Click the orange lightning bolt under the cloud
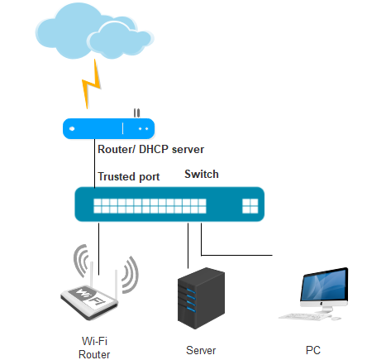[x=92, y=84]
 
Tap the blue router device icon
[x=108, y=128]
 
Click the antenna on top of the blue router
[x=136, y=113]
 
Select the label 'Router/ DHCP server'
[x=151, y=150]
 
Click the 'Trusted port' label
[x=129, y=176]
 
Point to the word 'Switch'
[x=202, y=174]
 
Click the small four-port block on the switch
[x=250, y=206]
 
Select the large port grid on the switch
[x=150, y=206]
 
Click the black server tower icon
[x=201, y=298]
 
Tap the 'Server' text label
[x=201, y=350]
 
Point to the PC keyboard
[x=304, y=317]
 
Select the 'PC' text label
[x=313, y=350]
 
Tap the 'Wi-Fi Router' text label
[x=94, y=348]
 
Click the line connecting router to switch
[x=95, y=164]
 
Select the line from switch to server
[x=188, y=246]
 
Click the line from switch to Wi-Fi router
[x=99, y=249]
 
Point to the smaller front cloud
[x=121, y=41]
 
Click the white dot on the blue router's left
[x=72, y=128]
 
